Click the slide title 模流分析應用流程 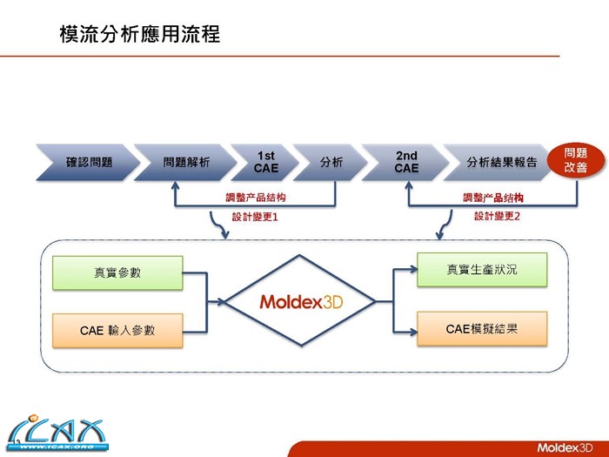coord(139,35)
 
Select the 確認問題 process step coord(87,162)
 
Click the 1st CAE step coord(266,162)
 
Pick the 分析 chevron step coord(331,162)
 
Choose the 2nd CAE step coord(406,162)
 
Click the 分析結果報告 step coord(495,162)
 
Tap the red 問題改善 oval coord(575,160)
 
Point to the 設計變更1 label coord(254,216)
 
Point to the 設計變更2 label coord(497,215)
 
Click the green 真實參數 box coord(117,272)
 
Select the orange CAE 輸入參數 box coord(117,330)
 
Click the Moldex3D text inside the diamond coord(299,302)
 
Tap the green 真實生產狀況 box coord(481,270)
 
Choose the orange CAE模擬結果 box coord(481,328)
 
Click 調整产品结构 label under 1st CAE coord(254,198)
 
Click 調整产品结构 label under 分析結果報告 coord(493,198)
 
